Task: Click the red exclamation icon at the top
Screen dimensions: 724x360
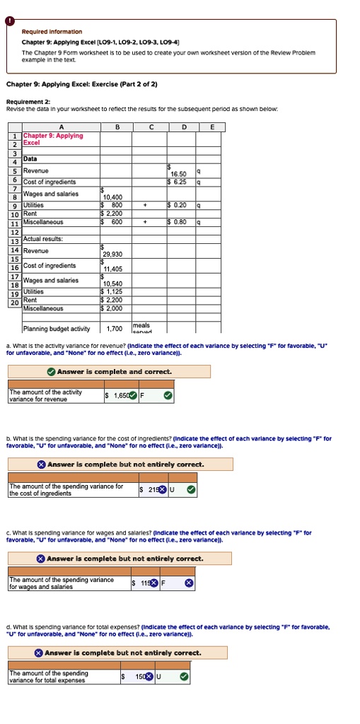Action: [11, 21]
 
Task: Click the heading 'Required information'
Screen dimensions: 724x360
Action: [52, 32]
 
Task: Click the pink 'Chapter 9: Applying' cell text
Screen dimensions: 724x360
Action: [53, 135]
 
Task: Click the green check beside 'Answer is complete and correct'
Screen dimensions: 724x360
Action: [51, 371]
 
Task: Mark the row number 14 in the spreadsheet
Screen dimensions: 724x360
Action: [14, 250]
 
